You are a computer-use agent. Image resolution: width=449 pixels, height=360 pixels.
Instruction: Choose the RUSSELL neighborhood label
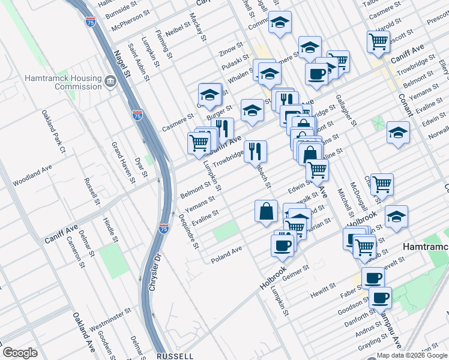[175, 355]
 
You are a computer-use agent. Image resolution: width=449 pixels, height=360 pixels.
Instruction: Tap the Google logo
[20, 353]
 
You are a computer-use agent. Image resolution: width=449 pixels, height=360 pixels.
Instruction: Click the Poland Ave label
[226, 253]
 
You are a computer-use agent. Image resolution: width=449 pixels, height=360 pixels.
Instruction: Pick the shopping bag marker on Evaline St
[266, 212]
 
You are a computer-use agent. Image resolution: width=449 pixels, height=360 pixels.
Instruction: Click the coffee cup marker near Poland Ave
[282, 244]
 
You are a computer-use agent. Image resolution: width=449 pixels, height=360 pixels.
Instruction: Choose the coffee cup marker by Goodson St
[379, 298]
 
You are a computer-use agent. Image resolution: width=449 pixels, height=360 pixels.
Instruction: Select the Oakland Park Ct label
[53, 132]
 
